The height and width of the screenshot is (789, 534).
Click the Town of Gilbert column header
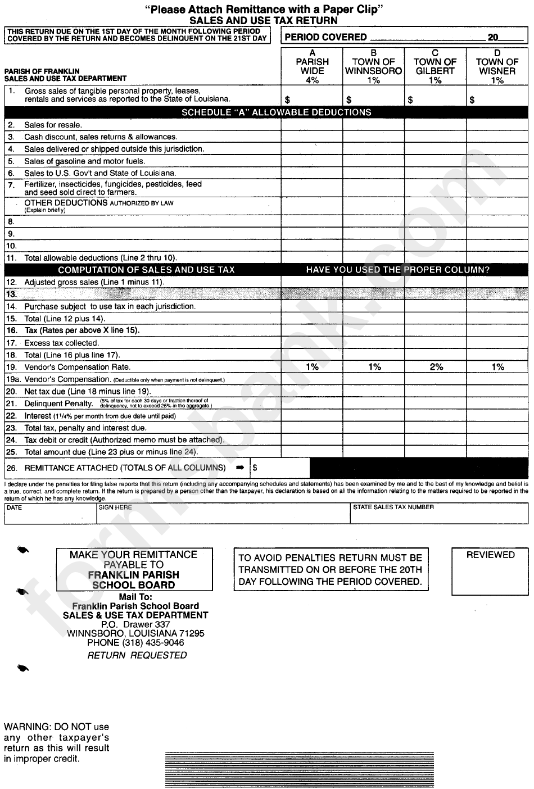pyautogui.click(x=435, y=66)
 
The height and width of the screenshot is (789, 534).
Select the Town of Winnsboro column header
pyautogui.click(x=374, y=66)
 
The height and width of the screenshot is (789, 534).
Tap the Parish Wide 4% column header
pyautogui.click(x=312, y=66)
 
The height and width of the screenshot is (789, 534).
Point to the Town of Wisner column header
pyautogui.click(x=497, y=66)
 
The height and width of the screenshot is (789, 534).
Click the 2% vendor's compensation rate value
pyautogui.click(x=436, y=367)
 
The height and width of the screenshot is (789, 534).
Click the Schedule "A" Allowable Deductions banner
pyautogui.click(x=276, y=112)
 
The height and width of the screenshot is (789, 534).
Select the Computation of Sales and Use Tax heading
pyautogui.click(x=146, y=270)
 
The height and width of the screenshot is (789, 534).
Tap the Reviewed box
pyautogui.click(x=490, y=572)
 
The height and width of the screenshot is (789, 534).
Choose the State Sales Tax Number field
pyautogui.click(x=439, y=513)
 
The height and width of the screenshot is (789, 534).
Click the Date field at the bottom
pyautogui.click(x=50, y=513)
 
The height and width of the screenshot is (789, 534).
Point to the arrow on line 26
pyautogui.click(x=240, y=468)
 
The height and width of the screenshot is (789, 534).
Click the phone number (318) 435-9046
pyautogui.click(x=135, y=642)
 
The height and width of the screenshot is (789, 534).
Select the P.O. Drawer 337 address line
pyautogui.click(x=135, y=624)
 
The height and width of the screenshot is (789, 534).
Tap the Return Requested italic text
pyautogui.click(x=137, y=655)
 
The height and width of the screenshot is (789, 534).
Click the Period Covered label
pyautogui.click(x=326, y=37)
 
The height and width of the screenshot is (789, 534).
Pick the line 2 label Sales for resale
pyautogui.click(x=53, y=125)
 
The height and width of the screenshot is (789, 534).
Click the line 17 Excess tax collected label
pyautogui.click(x=61, y=343)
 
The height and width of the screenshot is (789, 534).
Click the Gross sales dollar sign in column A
pyautogui.click(x=288, y=100)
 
